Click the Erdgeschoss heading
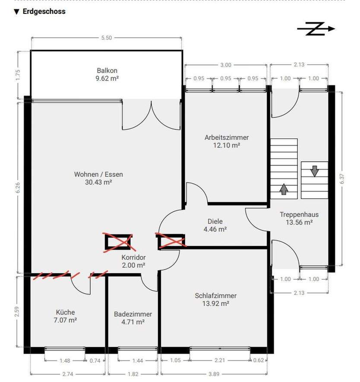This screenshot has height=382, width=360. coord(44,12)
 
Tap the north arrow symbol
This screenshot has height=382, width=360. coord(316,29)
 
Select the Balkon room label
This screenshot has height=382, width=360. coord(107,70)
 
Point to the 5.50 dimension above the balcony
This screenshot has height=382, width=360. coord(107,38)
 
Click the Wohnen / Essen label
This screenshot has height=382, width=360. coord(98,174)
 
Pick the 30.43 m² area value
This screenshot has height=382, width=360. coord(98,182)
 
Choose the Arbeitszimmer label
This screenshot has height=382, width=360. coord(227,137)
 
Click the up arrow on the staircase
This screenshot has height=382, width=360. coord(284,189)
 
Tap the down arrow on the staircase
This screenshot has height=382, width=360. coord(315,171)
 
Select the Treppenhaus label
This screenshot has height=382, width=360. coord(299,214)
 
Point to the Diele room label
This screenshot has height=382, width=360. coord(215,221)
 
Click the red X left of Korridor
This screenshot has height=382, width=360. coord(119,243)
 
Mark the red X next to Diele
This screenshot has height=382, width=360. coord(171,241)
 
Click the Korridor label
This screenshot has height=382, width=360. coord(134,257)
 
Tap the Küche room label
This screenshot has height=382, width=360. coord(65,312)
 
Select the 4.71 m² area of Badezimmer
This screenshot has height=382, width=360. coord(133,322)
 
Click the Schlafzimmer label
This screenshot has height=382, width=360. coord(215,295)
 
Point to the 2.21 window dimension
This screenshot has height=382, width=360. coord(220,360)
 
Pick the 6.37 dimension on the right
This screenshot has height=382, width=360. coord(342,179)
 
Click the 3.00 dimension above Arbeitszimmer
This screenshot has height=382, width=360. coord(226,65)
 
